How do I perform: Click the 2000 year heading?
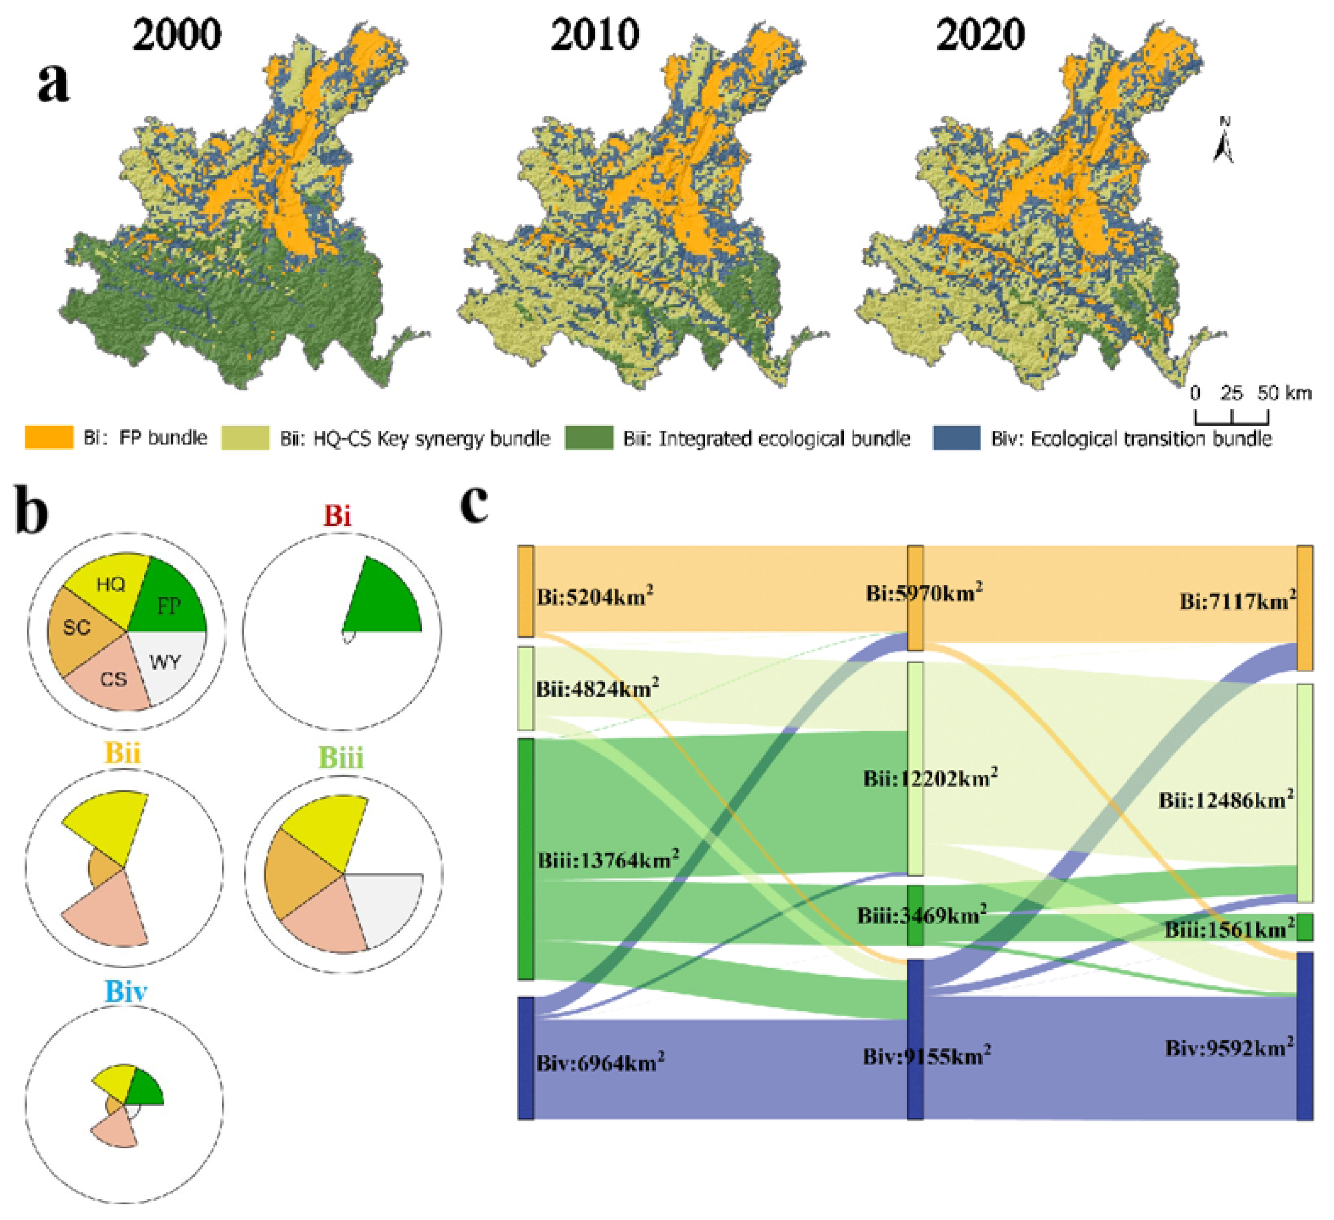(177, 34)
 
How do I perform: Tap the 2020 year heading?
(980, 34)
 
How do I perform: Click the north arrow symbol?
(1224, 140)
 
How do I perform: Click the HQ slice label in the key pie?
(111, 584)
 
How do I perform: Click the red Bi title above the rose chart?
(338, 515)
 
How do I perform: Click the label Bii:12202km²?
(930, 778)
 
